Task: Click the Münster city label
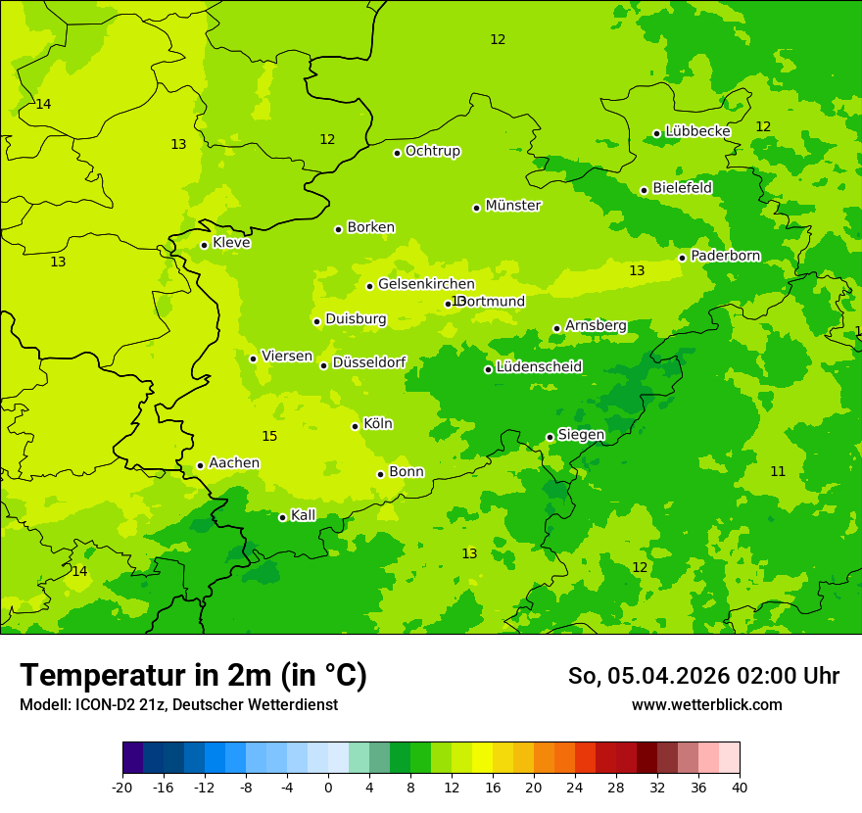[513, 206]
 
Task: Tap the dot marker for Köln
[356, 426]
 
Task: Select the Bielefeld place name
[683, 188]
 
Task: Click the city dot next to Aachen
[201, 465]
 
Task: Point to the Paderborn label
[726, 257]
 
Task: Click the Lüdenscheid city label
[540, 367]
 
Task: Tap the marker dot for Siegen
[551, 437]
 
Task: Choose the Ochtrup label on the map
[433, 152]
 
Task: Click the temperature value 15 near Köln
[269, 436]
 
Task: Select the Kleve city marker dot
[205, 245]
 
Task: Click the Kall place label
[304, 515]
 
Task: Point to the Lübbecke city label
[698, 131]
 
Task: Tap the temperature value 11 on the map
[778, 471]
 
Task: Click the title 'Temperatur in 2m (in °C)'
[194, 675]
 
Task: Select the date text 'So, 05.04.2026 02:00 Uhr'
[703, 676]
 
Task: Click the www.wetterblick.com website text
[707, 704]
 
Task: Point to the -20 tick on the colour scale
[122, 787]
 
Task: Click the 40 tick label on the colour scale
[740, 787]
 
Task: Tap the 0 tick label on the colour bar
[328, 787]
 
